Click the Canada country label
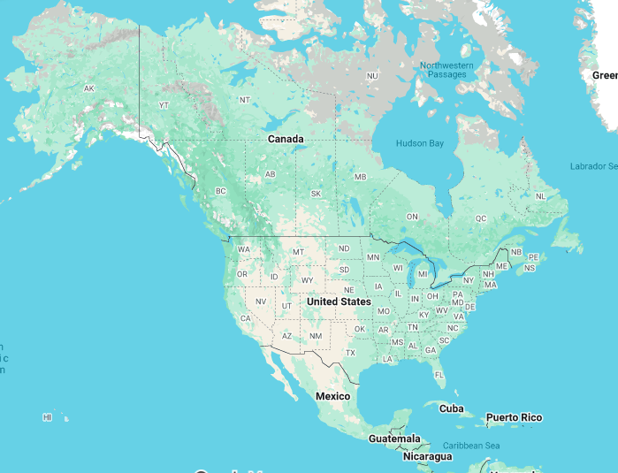pos(286,139)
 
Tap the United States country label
pos(339,301)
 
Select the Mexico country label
pos(332,396)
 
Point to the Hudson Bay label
pos(419,143)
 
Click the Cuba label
pos(451,408)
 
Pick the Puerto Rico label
pos(514,417)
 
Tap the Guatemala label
pos(394,439)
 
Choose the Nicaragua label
pos(427,456)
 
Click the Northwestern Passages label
pos(446,70)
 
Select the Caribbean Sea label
pos(471,445)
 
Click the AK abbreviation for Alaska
pos(88,88)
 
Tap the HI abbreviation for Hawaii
pos(48,416)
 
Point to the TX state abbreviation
pos(350,353)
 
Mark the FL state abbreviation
pos(439,375)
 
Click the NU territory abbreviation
pos(372,76)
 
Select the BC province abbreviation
pos(221,191)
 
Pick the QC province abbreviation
pos(481,217)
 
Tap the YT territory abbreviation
pos(164,105)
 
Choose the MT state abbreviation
pos(298,252)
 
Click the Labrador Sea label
pos(592,166)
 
